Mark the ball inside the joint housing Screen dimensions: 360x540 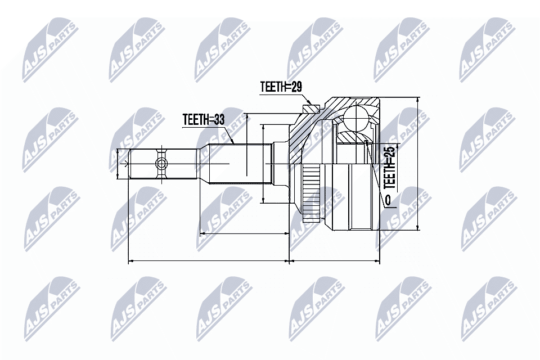coord(355,118)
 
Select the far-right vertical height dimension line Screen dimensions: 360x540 coord(417,163)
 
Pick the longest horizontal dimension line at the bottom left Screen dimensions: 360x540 coord(208,261)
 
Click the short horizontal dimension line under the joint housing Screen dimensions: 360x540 coord(334,261)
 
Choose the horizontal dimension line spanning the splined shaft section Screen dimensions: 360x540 coord(245,233)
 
